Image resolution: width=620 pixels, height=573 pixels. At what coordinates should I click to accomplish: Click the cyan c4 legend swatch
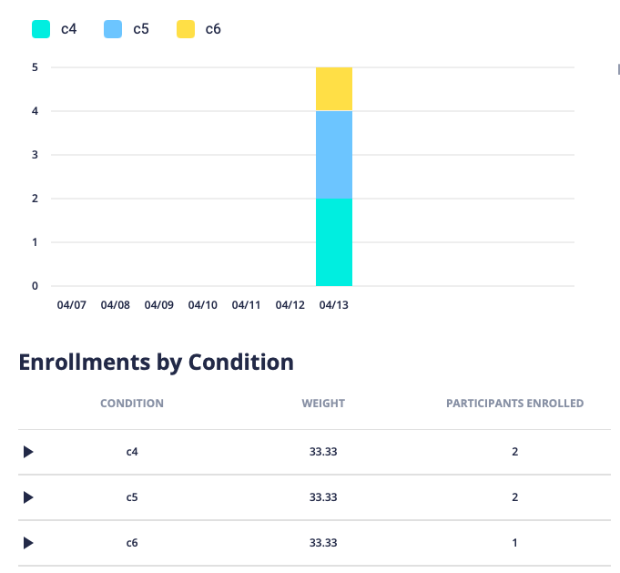click(x=41, y=29)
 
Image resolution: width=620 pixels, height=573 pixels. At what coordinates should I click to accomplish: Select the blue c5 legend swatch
click(x=113, y=29)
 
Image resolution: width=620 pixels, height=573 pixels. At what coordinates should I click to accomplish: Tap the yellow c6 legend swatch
click(x=186, y=29)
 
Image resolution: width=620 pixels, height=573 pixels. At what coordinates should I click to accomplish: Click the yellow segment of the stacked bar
click(x=334, y=88)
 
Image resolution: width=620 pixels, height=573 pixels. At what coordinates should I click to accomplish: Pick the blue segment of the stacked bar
click(x=334, y=155)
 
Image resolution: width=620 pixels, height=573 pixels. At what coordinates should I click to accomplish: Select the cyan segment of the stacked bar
click(x=334, y=241)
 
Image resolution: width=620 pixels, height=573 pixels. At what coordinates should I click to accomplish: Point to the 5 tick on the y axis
click(x=35, y=67)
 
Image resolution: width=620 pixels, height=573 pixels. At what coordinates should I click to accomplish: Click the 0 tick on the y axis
click(x=35, y=286)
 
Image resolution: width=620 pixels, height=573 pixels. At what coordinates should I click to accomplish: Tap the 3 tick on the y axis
click(x=35, y=155)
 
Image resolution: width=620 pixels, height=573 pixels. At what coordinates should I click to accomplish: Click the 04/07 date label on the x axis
click(x=71, y=305)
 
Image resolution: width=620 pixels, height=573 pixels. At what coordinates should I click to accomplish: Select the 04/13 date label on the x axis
click(x=334, y=305)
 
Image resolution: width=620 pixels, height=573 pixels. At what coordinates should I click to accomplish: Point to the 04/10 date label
click(x=202, y=305)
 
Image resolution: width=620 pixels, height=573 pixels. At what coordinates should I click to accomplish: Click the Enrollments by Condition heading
click(x=157, y=363)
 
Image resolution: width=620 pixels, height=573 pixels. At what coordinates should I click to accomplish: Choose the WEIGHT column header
click(x=323, y=403)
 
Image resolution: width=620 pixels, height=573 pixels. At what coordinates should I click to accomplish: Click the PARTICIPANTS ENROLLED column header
click(x=514, y=403)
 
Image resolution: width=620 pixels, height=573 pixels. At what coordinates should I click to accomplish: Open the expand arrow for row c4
click(x=28, y=452)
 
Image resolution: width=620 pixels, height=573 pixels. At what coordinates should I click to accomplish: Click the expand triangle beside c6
click(x=28, y=543)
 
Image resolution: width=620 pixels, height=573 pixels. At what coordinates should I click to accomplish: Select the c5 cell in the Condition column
click(x=132, y=497)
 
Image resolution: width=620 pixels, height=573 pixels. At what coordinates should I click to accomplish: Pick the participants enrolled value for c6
click(x=514, y=543)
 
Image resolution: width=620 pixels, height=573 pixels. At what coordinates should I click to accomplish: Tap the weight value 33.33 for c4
click(x=323, y=452)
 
